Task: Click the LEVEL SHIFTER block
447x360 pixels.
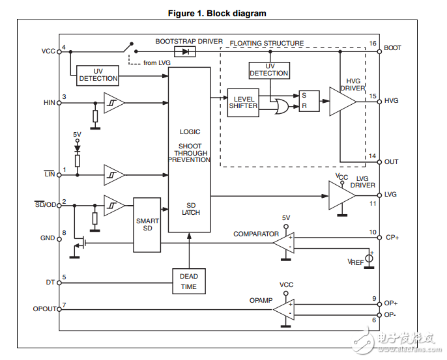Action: tap(243, 102)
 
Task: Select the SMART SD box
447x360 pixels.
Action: tap(147, 225)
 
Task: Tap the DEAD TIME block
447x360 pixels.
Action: tap(189, 281)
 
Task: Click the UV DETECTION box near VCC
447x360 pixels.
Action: tap(98, 75)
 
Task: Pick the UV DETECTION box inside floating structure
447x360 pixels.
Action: tap(268, 70)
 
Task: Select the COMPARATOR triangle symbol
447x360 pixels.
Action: tap(284, 242)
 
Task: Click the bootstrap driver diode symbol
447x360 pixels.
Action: tap(186, 51)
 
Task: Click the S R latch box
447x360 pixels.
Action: tap(308, 100)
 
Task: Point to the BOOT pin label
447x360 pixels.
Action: tap(393, 48)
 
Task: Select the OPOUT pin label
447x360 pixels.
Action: tap(45, 309)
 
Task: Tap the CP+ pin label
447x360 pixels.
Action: tap(392, 238)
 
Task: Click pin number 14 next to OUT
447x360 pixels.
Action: tap(373, 156)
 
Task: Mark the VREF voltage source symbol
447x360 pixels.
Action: tap(369, 259)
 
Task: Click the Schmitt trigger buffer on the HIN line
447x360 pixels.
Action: tap(114, 102)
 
